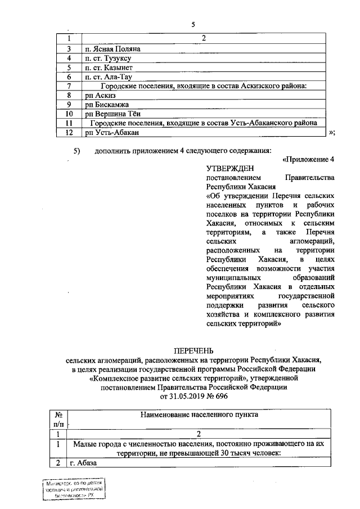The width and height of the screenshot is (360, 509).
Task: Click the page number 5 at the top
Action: click(193, 25)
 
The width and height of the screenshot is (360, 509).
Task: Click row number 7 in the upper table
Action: click(68, 86)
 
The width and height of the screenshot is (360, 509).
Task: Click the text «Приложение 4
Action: click(309, 159)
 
